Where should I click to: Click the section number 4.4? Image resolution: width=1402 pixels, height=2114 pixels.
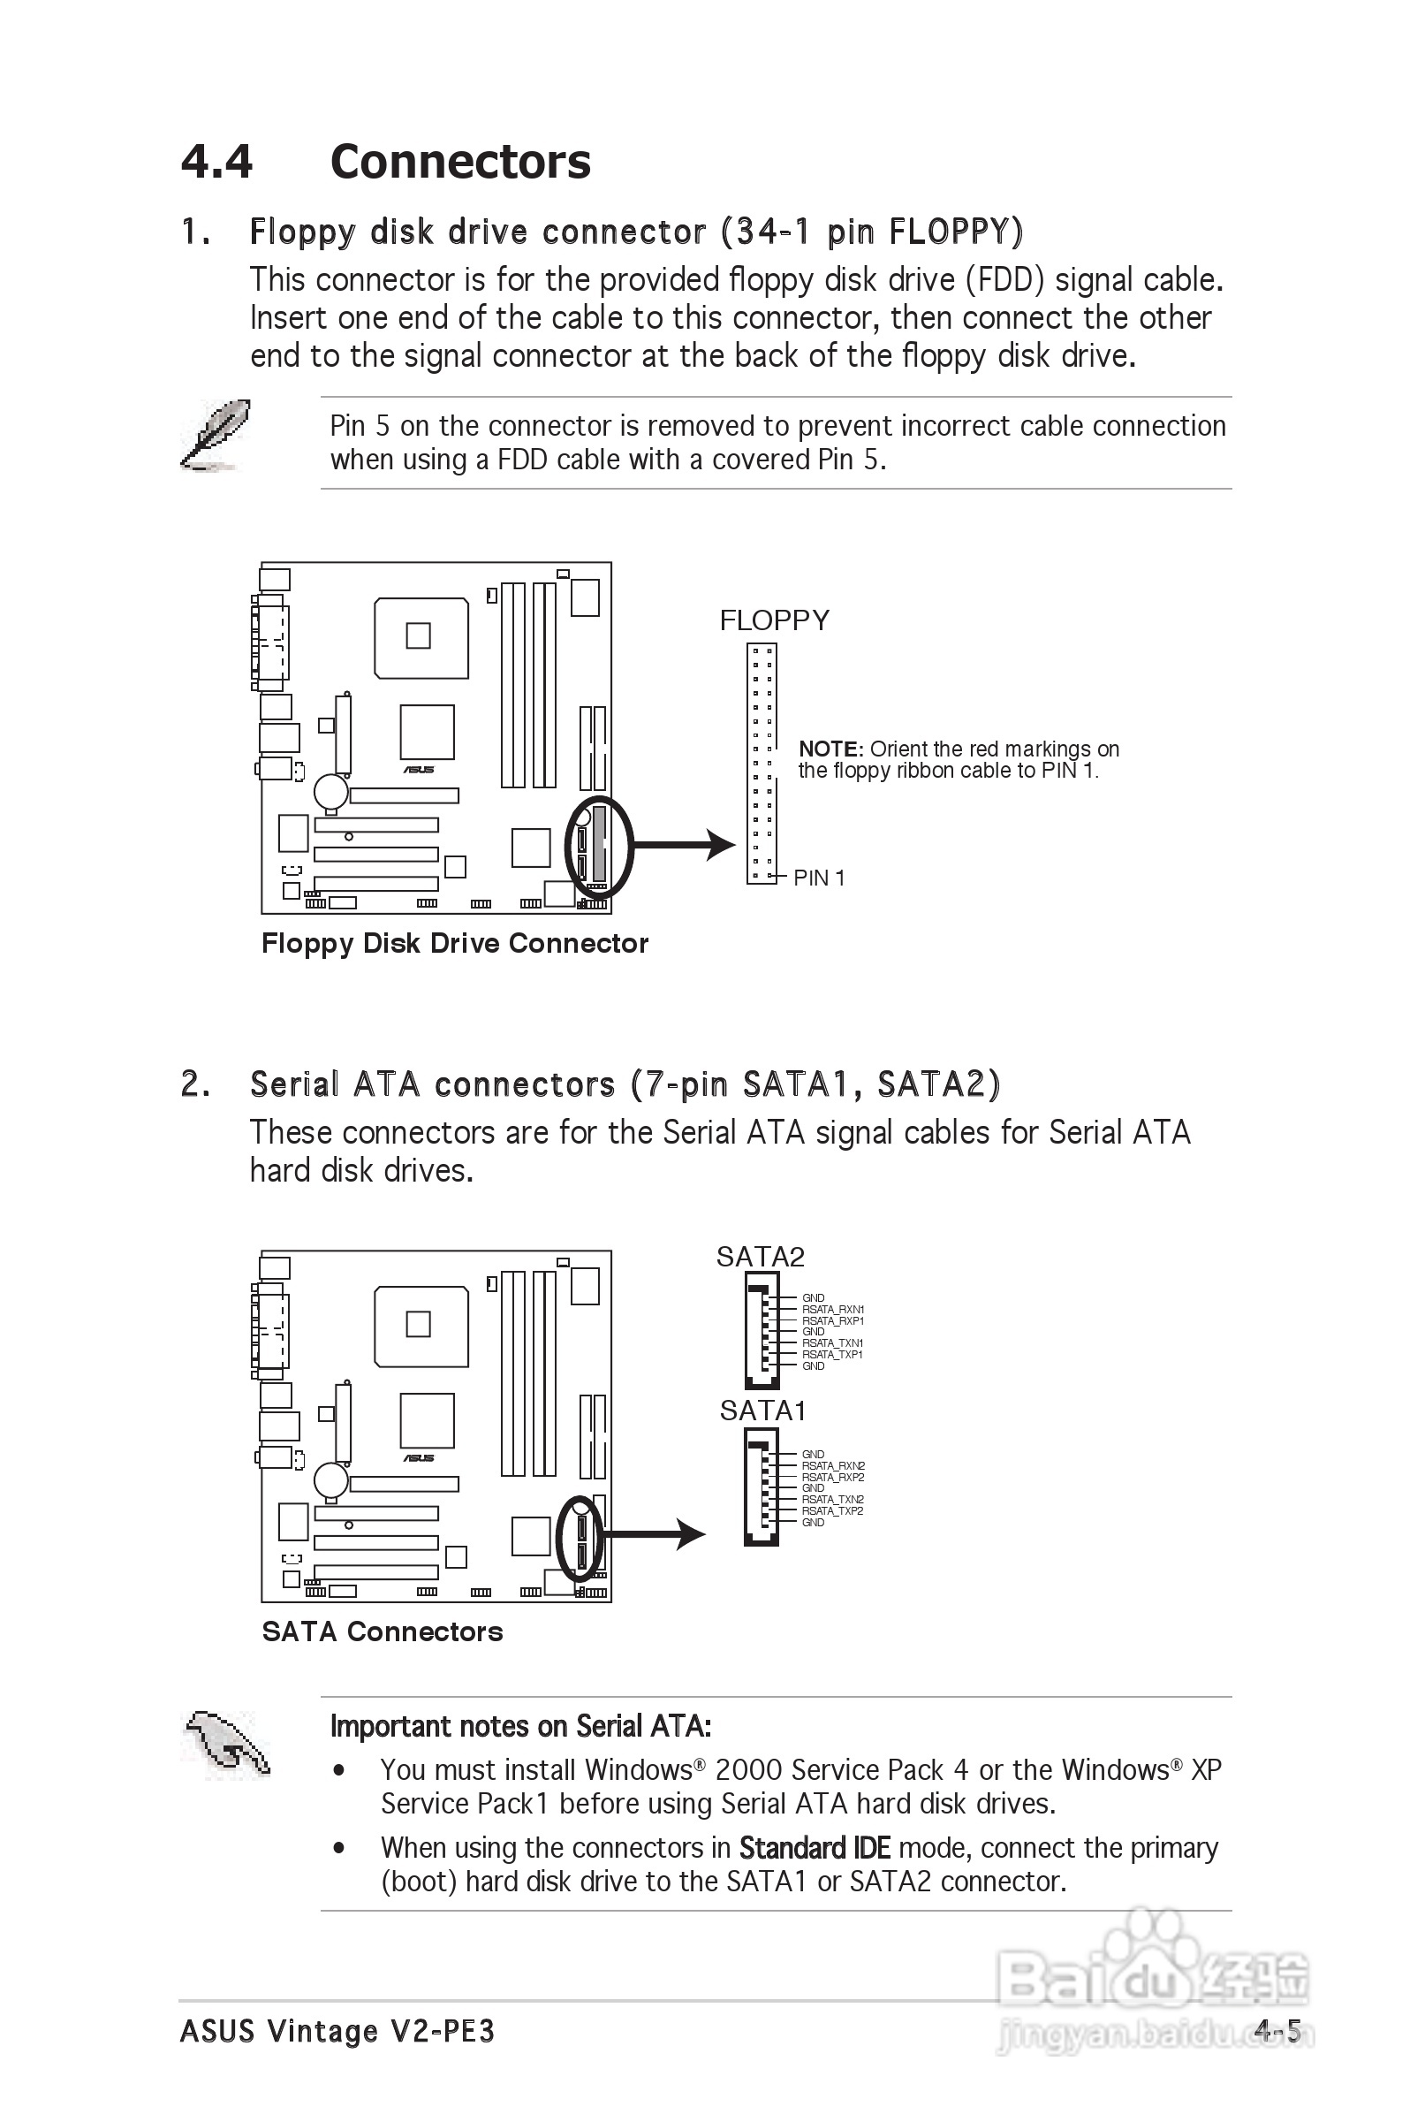click(216, 162)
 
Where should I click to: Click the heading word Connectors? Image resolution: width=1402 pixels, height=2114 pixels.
click(460, 162)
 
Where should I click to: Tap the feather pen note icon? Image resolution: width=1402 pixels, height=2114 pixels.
click(215, 436)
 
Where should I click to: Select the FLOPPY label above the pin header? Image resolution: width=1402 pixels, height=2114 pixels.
click(774, 620)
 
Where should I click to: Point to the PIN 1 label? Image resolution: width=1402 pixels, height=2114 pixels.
click(819, 878)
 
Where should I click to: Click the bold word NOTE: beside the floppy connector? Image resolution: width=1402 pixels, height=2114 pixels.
click(830, 749)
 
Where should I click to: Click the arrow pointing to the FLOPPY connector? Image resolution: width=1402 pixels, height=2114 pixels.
click(684, 844)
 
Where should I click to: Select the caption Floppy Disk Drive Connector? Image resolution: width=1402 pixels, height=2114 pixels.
click(454, 943)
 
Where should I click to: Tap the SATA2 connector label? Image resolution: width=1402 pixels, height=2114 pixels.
click(760, 1258)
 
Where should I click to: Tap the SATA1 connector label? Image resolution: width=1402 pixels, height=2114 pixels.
click(762, 1411)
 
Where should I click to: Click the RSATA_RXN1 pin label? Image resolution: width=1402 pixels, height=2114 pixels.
click(832, 1310)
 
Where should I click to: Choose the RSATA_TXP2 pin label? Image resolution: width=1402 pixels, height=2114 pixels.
click(832, 1511)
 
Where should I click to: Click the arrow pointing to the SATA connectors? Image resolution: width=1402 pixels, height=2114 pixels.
click(653, 1534)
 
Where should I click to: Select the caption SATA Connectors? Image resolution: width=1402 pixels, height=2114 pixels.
click(382, 1632)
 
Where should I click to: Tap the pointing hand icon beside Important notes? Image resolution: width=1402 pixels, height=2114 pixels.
click(226, 1744)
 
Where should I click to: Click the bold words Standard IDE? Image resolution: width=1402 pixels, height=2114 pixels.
click(815, 1847)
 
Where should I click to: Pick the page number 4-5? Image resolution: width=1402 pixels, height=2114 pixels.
click(1277, 2032)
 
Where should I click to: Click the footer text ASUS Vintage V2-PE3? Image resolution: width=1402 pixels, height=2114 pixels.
click(337, 2032)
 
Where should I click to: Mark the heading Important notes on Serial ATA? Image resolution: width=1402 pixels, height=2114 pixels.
click(520, 1726)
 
